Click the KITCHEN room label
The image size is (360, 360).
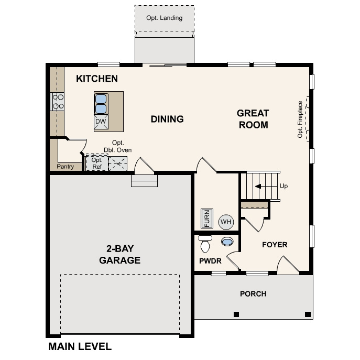[x=97, y=79]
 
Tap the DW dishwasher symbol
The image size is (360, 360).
[x=101, y=122]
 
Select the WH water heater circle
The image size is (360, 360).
[x=226, y=222]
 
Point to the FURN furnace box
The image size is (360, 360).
[x=206, y=219]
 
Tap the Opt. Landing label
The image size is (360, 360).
[x=165, y=18]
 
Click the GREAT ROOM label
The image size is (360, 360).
[x=253, y=119]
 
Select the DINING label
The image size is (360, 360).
[x=167, y=119]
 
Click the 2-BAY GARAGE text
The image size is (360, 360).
[x=120, y=255]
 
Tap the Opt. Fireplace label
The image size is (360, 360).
[x=300, y=119]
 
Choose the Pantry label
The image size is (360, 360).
[x=65, y=167]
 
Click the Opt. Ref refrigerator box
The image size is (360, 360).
[x=97, y=163]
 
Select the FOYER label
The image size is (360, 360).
[x=275, y=245]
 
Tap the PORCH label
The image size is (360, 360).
[x=253, y=294]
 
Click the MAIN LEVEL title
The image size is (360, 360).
[x=80, y=346]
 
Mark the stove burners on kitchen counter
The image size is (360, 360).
[x=57, y=101]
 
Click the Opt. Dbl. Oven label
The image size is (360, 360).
[x=121, y=146]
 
